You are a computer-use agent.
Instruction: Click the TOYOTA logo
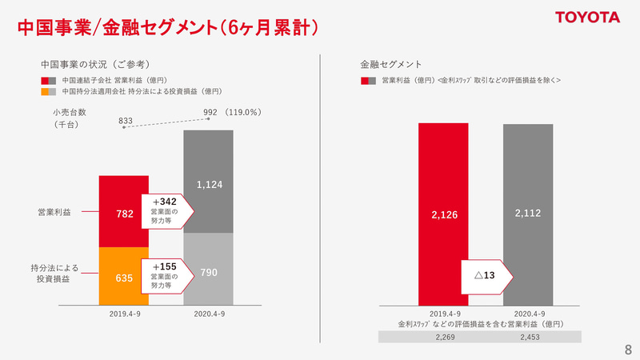[588, 18]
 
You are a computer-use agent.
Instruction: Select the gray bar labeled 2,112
[528, 214]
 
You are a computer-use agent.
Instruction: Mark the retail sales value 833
[126, 121]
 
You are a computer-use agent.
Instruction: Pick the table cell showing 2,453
[528, 338]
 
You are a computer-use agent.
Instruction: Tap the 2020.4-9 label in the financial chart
[528, 314]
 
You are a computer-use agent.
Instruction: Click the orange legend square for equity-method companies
[45, 91]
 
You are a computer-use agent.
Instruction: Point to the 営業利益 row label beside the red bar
[54, 212]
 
